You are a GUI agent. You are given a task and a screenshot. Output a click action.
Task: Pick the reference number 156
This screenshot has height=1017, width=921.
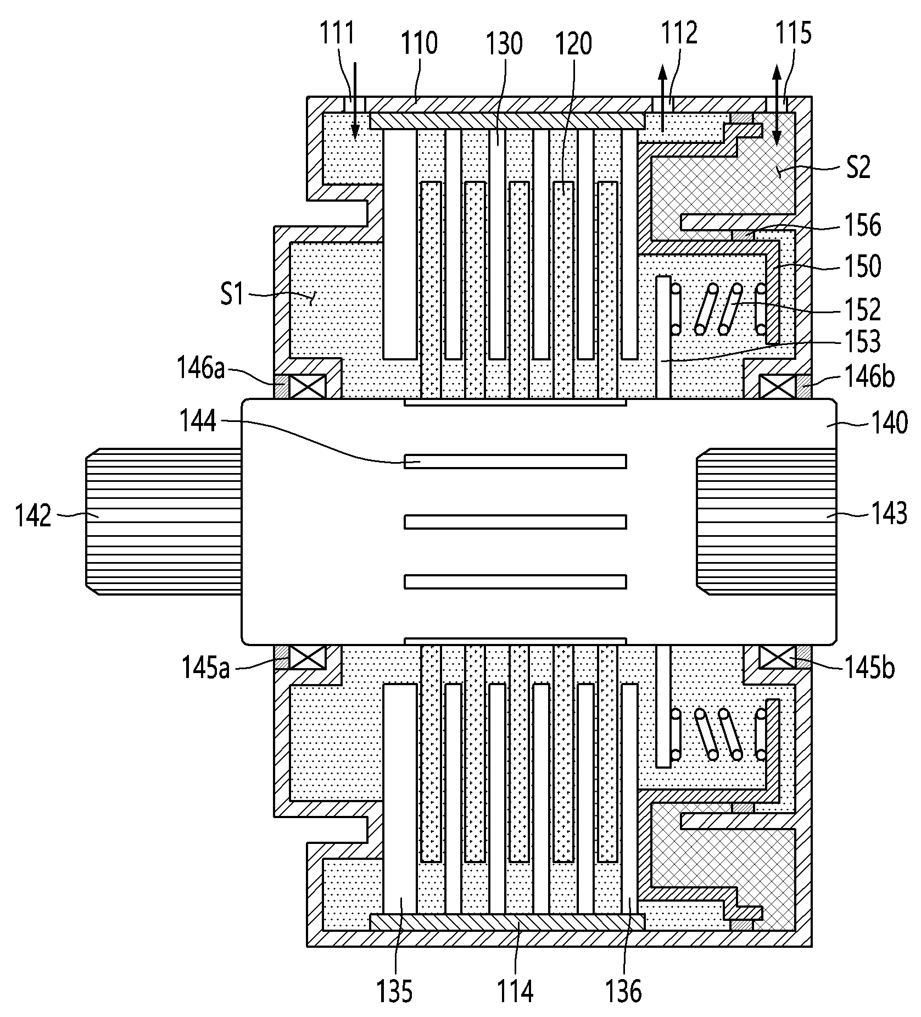pyautogui.click(x=863, y=226)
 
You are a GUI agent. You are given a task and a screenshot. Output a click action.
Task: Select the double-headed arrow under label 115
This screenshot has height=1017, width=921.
pyautogui.click(x=777, y=104)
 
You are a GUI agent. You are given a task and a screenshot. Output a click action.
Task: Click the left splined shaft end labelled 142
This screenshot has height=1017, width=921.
pyautogui.click(x=163, y=521)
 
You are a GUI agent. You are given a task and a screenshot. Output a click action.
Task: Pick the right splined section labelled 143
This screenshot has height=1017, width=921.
pyautogui.click(x=767, y=521)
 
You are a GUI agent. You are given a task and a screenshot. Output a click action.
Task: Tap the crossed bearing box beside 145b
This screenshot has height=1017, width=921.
pyautogui.click(x=777, y=657)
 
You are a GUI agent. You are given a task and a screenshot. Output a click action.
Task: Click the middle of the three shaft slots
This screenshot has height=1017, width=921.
pyautogui.click(x=515, y=521)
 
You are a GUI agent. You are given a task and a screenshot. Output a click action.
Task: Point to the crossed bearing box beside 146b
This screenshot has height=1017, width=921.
pyautogui.click(x=777, y=386)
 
